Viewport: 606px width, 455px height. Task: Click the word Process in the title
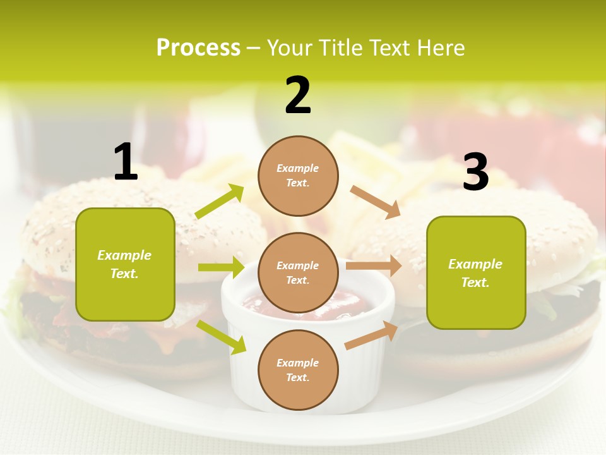coord(198,47)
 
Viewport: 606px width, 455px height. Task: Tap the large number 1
coord(126,162)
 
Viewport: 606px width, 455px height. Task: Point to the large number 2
coord(298,95)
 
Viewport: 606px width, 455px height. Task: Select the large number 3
coord(475,173)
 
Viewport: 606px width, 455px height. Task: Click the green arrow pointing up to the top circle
coord(220,202)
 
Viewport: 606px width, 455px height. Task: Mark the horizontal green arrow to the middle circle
coord(221,267)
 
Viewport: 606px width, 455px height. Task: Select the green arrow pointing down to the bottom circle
coord(222,337)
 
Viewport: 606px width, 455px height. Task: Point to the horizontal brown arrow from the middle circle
coord(374,266)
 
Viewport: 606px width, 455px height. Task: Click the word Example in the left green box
coord(124,255)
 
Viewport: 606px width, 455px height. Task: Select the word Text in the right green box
coord(475,282)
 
